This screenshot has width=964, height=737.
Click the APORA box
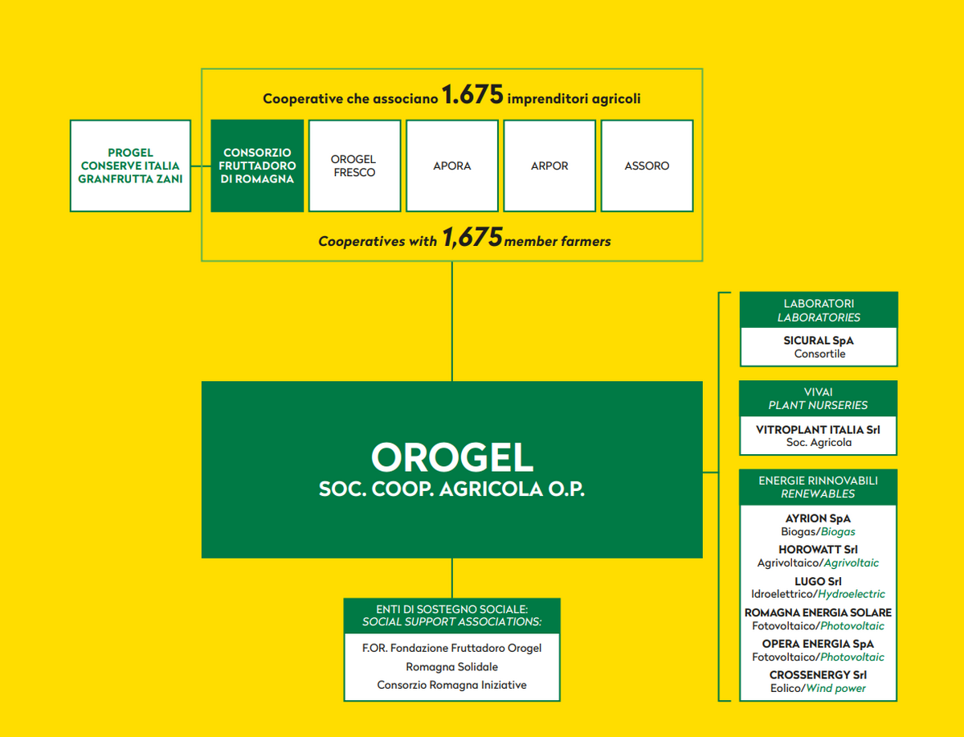coord(451,166)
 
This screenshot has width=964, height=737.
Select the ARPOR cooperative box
coord(549,166)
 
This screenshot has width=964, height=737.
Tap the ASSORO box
coord(647,166)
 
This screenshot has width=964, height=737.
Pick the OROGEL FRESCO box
coord(353,166)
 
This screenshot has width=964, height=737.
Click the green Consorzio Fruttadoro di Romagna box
coord(257,166)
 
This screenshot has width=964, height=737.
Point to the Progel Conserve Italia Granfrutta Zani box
coord(130,166)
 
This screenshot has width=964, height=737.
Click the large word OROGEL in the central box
coord(451,457)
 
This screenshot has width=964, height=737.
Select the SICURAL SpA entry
coord(818,341)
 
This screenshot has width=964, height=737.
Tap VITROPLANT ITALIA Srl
coord(818,430)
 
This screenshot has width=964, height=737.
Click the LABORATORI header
coord(818,304)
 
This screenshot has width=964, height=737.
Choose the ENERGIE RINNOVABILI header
coord(818,481)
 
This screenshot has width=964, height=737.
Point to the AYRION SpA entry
coord(818,518)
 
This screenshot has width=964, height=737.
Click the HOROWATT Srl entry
coord(818,550)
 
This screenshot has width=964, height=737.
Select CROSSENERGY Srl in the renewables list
coord(818,675)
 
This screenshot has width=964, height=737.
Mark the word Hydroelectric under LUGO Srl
coord(851,594)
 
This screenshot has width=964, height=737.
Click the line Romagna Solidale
coord(451,666)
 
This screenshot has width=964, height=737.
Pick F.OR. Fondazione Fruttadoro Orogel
coord(451,648)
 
